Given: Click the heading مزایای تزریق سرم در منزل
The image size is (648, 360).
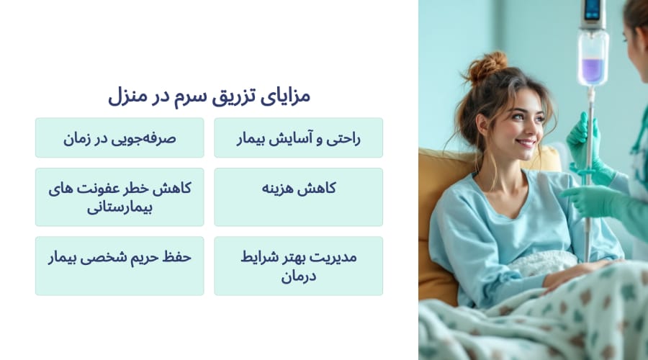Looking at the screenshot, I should coord(209,95).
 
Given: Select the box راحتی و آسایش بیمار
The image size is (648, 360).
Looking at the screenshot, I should coord(298,138).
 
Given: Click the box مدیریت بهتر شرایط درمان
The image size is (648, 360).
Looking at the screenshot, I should coord(298,266).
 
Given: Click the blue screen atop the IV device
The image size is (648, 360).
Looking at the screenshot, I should coord(593,9).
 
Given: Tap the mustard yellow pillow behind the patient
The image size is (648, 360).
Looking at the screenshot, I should coord(436,216).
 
